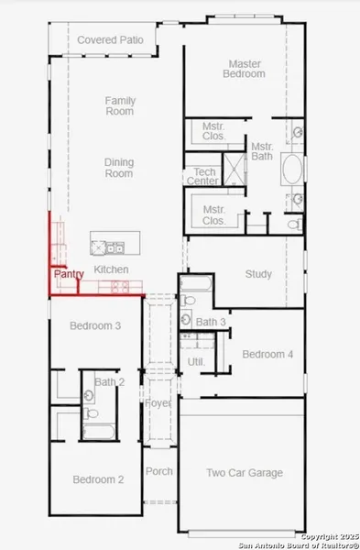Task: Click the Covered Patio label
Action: [x=110, y=40]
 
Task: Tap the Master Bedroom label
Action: [x=244, y=69]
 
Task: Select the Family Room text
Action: [x=120, y=106]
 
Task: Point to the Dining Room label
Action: [x=119, y=168]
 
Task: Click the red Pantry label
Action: [x=69, y=274]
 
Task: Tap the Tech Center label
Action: [x=203, y=176]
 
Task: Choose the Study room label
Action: [x=258, y=274]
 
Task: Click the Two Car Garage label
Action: [x=245, y=473]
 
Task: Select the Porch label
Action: [x=159, y=471]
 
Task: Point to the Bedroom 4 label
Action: [x=267, y=354]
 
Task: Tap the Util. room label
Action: [x=196, y=362]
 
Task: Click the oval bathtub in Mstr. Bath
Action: [x=292, y=169]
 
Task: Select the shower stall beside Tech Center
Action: [x=235, y=169]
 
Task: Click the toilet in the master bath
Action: [x=295, y=224]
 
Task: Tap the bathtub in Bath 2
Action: [x=99, y=432]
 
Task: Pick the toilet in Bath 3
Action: [x=188, y=301]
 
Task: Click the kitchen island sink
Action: [x=115, y=248]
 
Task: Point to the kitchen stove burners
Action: [x=120, y=287]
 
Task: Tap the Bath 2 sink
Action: [x=90, y=396]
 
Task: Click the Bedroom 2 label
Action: [x=98, y=479]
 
